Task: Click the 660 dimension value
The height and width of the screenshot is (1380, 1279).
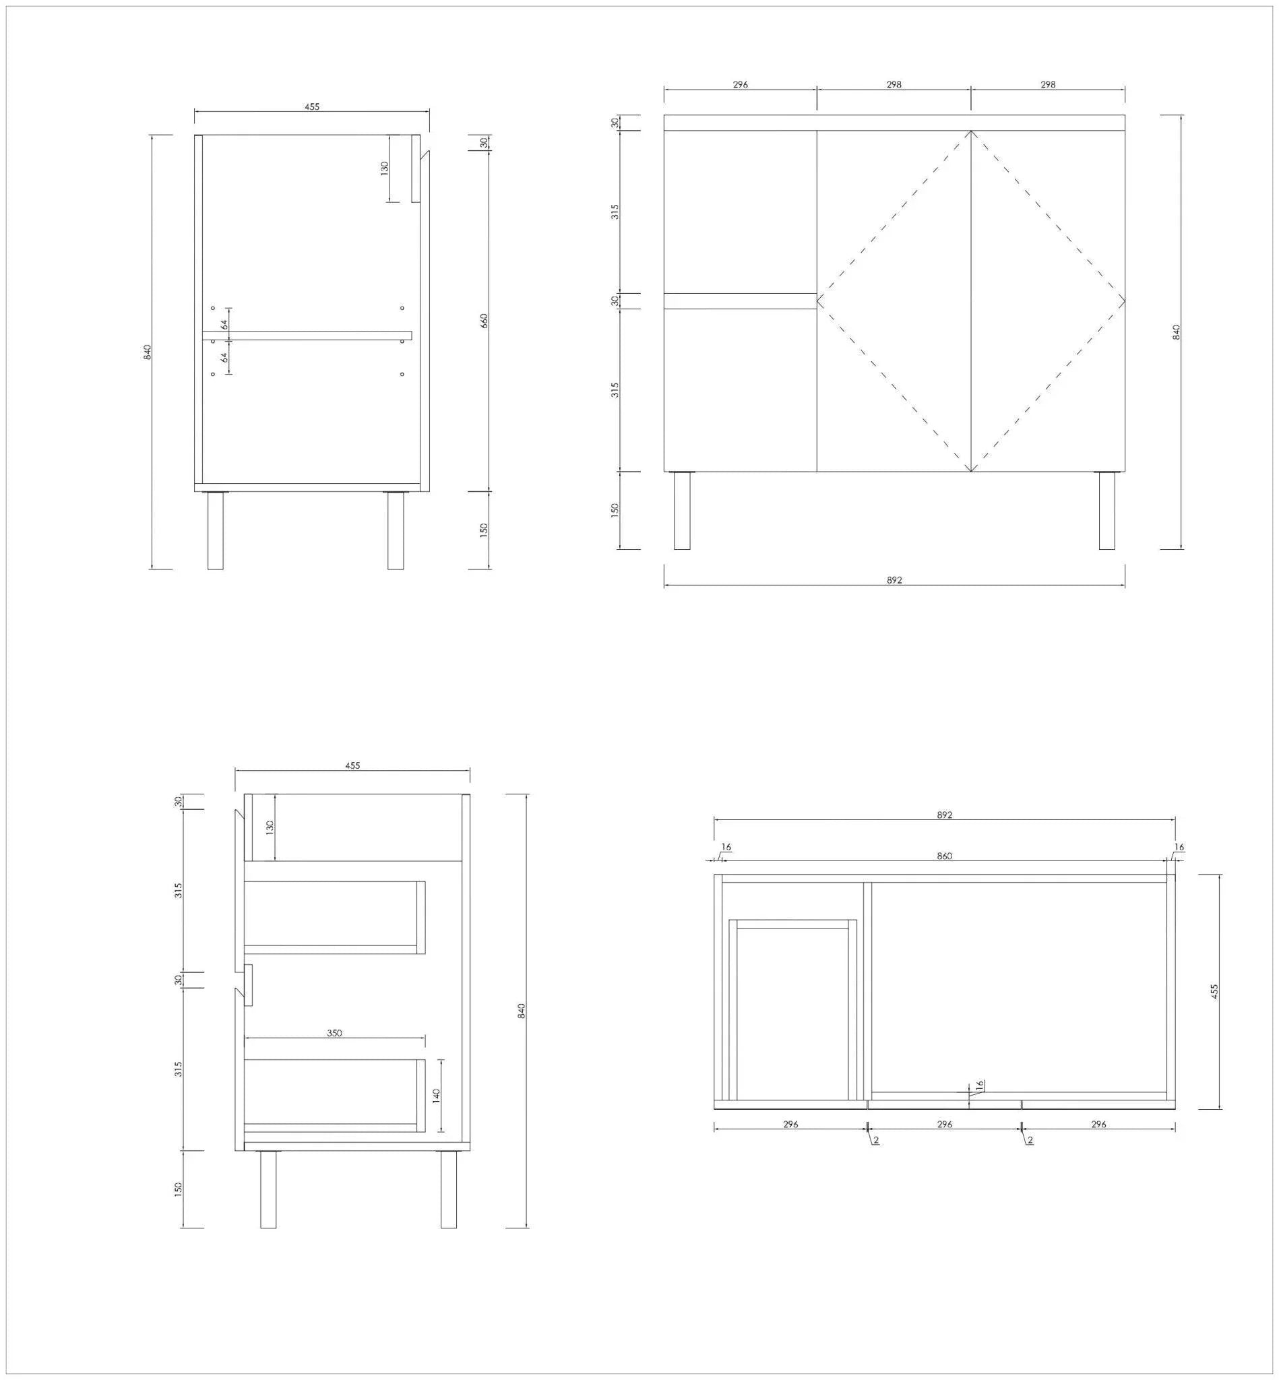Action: [x=485, y=321]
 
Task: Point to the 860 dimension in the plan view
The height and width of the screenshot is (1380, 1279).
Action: [x=945, y=856]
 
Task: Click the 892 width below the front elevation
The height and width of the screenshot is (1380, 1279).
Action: [x=894, y=580]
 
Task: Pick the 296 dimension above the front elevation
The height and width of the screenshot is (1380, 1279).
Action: [x=741, y=85]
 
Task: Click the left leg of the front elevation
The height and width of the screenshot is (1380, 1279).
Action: [x=683, y=511]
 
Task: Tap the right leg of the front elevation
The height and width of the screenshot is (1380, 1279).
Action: [x=1106, y=511]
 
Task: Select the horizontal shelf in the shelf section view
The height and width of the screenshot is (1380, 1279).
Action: [x=307, y=336]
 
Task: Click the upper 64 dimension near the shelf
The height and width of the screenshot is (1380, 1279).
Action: [x=225, y=325]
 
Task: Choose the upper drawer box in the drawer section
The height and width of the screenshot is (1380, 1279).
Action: [x=334, y=918]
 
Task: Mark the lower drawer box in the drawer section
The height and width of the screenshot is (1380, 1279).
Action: [x=334, y=1096]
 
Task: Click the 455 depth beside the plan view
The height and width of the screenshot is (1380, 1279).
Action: [x=1214, y=991]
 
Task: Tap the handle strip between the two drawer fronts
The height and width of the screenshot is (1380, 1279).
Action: [x=741, y=301]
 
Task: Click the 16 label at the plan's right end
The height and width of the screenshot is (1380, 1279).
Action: [x=1179, y=847]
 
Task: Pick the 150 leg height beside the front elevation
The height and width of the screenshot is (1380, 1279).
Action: [x=615, y=510]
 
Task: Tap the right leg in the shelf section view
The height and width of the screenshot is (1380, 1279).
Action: [x=395, y=531]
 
